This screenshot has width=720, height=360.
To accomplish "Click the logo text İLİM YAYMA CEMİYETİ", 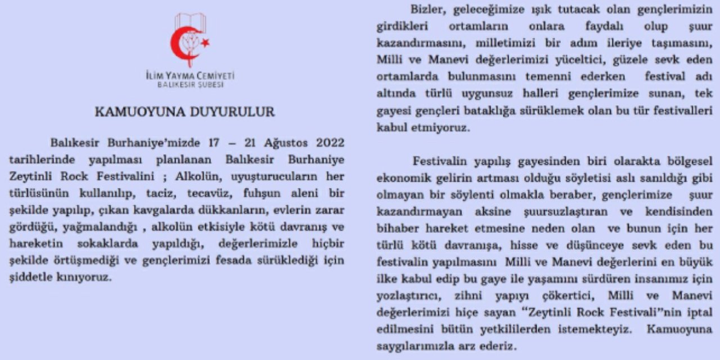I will [190, 75].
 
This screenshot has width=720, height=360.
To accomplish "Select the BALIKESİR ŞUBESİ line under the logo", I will [190, 85].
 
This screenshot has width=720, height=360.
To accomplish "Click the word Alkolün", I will [196, 177].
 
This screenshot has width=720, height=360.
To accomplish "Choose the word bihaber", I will [395, 229].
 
